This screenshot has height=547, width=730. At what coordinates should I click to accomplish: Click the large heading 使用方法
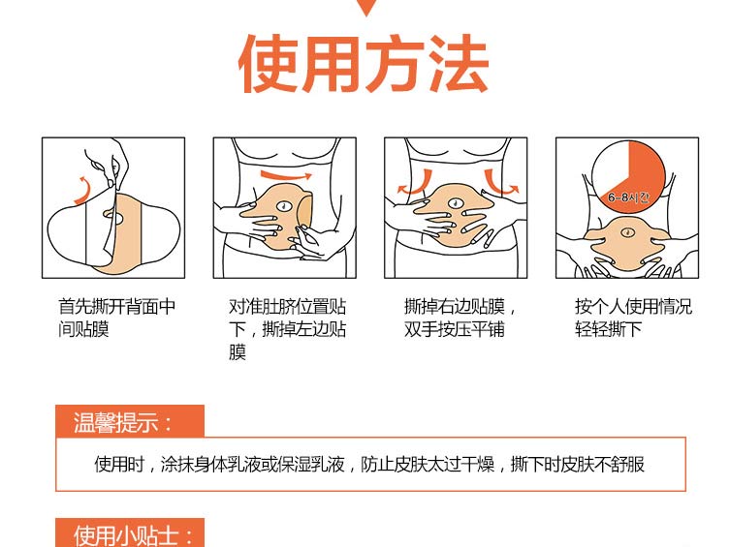tap(364, 64)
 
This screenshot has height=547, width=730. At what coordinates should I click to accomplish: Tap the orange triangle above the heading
tap(366, 8)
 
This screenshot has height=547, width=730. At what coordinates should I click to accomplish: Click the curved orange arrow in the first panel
tap(81, 191)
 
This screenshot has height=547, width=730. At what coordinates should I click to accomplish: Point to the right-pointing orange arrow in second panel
tap(286, 176)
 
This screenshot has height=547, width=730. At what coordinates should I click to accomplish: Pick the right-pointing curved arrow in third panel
tap(500, 184)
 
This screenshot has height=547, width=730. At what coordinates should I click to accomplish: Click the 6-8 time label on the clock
tap(628, 198)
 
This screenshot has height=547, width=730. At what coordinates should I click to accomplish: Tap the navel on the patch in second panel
tap(283, 205)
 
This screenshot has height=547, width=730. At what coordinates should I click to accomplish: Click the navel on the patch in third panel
tap(456, 202)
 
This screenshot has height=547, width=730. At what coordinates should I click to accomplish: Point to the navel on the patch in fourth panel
tap(628, 231)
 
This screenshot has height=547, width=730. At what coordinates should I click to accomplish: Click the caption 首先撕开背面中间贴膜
tap(117, 318)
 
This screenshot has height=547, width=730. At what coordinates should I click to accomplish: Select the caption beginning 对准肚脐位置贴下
tap(287, 329)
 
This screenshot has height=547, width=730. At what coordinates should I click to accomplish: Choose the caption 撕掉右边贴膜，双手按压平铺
tap(460, 318)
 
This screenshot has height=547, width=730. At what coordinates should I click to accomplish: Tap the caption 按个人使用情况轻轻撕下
tap(634, 318)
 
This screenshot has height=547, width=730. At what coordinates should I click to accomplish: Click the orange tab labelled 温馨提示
tap(130, 421)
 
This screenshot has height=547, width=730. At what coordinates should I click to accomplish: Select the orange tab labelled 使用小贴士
tap(130, 533)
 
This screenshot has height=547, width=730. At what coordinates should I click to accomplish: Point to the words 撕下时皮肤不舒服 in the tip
tap(578, 465)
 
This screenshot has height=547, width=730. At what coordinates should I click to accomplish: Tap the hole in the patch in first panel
tap(114, 217)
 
